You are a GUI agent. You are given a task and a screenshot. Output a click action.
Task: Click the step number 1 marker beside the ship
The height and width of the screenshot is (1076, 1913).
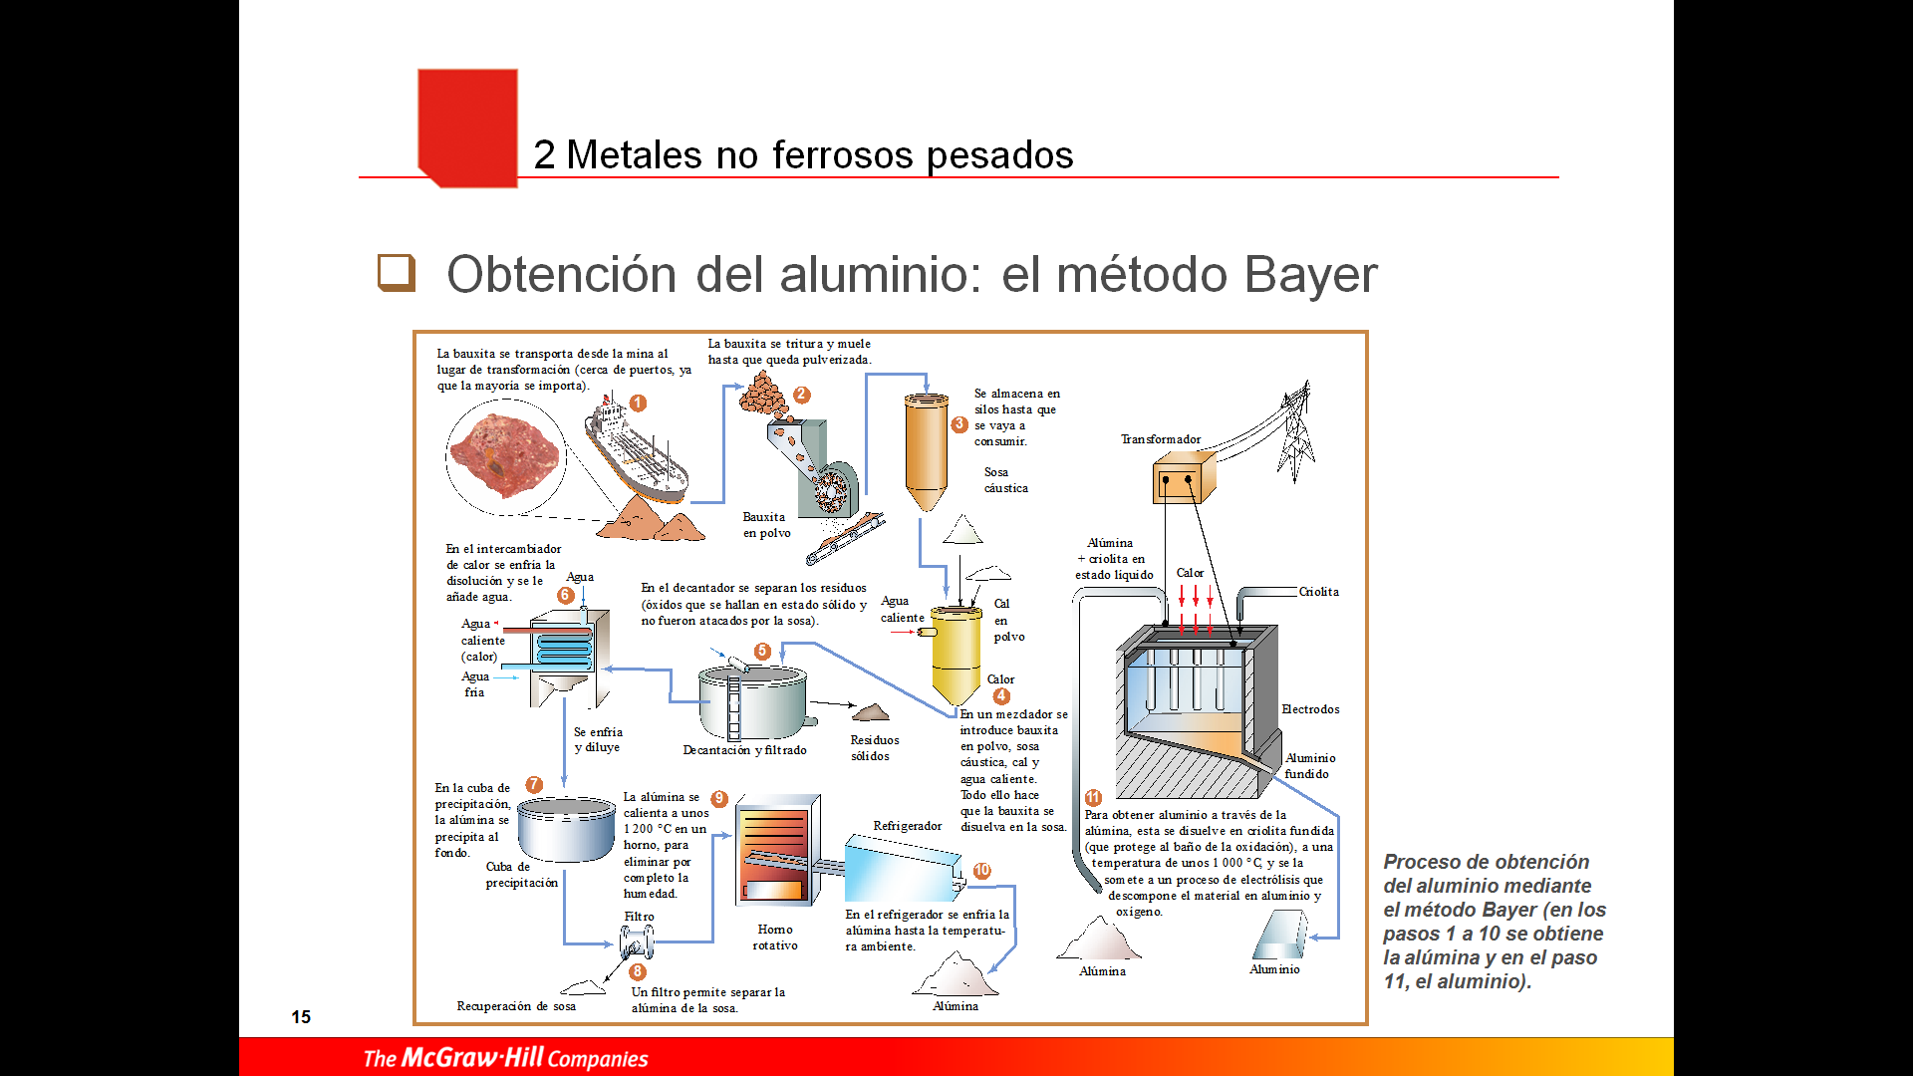638,403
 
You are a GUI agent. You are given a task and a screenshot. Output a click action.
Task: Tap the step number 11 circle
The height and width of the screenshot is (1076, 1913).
1093,798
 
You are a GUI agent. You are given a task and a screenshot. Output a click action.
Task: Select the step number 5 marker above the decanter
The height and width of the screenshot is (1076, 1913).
762,652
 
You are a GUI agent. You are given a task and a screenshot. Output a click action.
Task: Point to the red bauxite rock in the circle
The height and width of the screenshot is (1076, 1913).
504,456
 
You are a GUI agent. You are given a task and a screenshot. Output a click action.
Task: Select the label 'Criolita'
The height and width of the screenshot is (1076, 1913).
1318,592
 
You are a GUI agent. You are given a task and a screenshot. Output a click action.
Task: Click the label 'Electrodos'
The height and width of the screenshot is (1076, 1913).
1310,709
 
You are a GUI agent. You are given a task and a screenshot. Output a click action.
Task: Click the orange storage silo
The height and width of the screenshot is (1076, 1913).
927,448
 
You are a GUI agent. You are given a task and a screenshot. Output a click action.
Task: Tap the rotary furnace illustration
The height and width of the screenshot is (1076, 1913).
776,852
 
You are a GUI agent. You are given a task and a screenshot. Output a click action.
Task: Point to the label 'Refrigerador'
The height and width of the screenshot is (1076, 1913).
907,826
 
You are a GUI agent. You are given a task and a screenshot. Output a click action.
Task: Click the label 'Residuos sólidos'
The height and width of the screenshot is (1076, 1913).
874,748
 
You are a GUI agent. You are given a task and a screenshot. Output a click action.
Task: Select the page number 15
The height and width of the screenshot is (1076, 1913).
301,1017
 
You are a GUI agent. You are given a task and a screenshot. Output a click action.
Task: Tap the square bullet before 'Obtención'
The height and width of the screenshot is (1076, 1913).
396,272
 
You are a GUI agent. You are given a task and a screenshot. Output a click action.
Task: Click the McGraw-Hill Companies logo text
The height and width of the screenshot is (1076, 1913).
505,1058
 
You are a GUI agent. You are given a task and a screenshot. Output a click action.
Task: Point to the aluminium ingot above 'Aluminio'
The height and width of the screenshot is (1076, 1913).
1279,935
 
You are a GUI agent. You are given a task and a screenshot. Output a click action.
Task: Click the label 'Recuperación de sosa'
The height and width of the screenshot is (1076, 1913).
516,1006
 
